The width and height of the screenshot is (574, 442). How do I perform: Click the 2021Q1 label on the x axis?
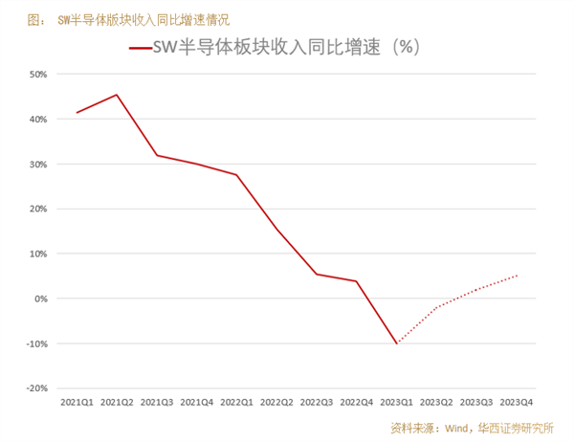tap(77, 402)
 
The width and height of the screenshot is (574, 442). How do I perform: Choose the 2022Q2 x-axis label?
tap(276, 402)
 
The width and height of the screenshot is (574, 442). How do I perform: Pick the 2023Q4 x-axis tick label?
tap(517, 402)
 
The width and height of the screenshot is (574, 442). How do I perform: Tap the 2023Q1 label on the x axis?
tap(396, 402)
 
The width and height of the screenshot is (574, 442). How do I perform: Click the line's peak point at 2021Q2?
tap(117, 95)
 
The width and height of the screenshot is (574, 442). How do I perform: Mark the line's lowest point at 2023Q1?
tap(396, 343)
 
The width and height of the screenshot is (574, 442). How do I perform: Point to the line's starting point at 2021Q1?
tap(77, 113)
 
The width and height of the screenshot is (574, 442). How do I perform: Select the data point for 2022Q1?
tap(236, 174)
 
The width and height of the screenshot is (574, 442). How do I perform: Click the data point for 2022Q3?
tap(317, 275)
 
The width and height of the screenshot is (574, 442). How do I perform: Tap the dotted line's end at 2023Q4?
tap(517, 276)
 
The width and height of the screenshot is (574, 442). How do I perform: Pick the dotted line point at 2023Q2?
tap(436, 307)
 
